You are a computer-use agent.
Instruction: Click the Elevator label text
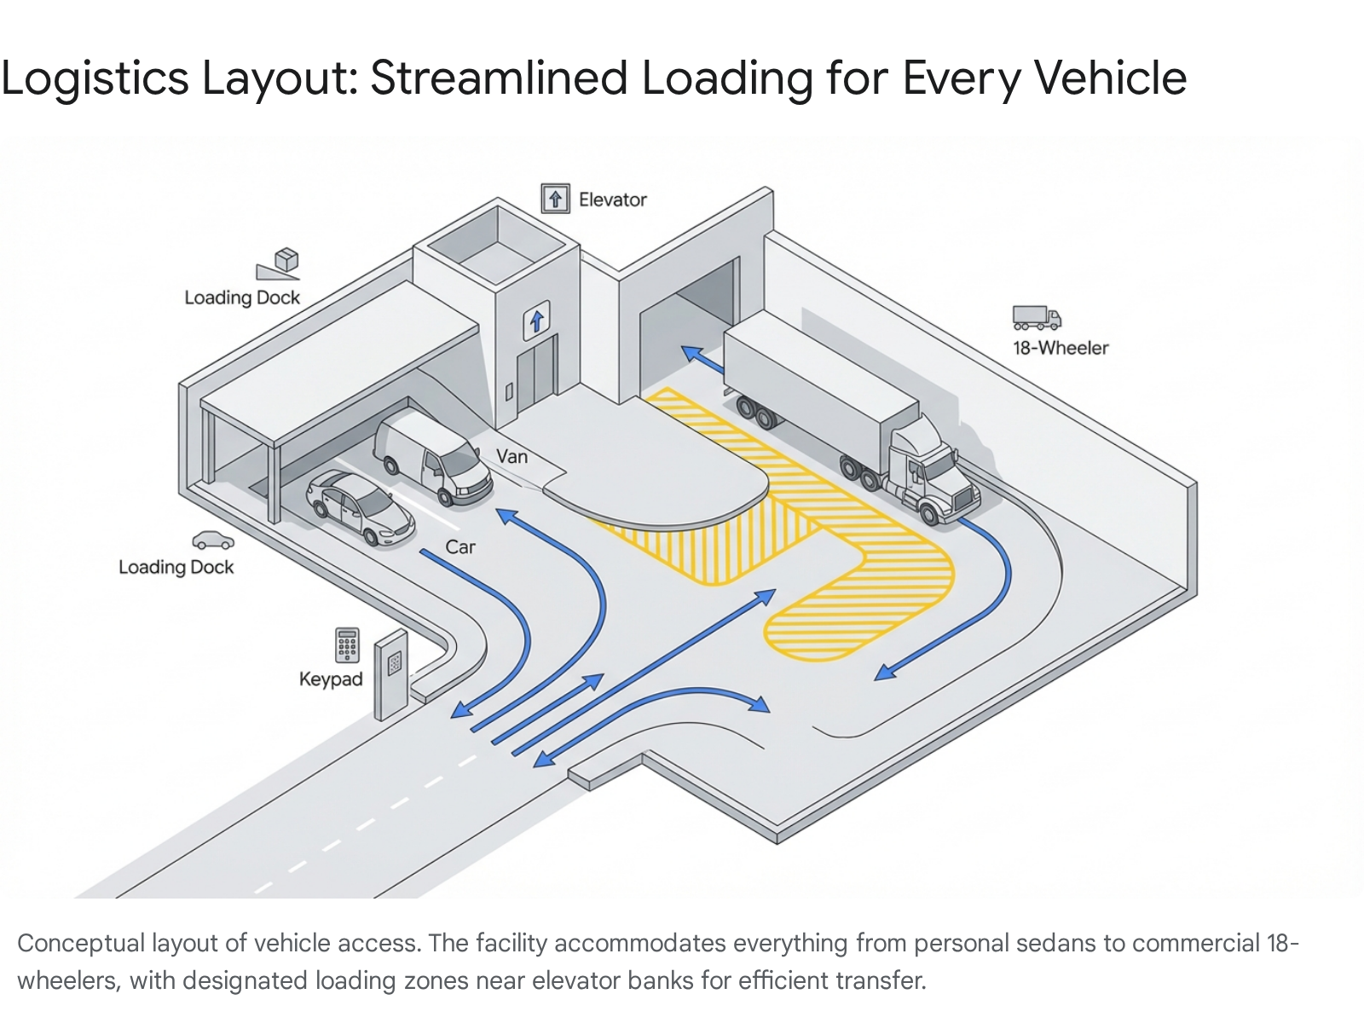pyautogui.click(x=612, y=199)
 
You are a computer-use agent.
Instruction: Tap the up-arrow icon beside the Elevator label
pyautogui.click(x=556, y=199)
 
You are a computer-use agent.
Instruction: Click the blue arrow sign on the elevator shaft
pyautogui.click(x=536, y=321)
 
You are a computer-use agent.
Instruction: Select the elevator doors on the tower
pyautogui.click(x=536, y=374)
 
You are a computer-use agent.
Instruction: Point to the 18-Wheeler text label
pyautogui.click(x=1061, y=348)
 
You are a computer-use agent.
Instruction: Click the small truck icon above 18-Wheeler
pyautogui.click(x=1037, y=317)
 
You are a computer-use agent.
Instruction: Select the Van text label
pyautogui.click(x=512, y=457)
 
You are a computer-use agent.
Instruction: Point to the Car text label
pyautogui.click(x=460, y=547)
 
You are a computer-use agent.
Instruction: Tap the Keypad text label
pyautogui.click(x=331, y=679)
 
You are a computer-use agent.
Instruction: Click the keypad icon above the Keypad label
pyautogui.click(x=347, y=645)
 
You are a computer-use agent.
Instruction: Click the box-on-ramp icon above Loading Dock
pyautogui.click(x=280, y=263)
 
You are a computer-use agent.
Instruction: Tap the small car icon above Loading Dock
pyautogui.click(x=212, y=540)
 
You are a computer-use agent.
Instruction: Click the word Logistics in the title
pyautogui.click(x=95, y=78)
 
